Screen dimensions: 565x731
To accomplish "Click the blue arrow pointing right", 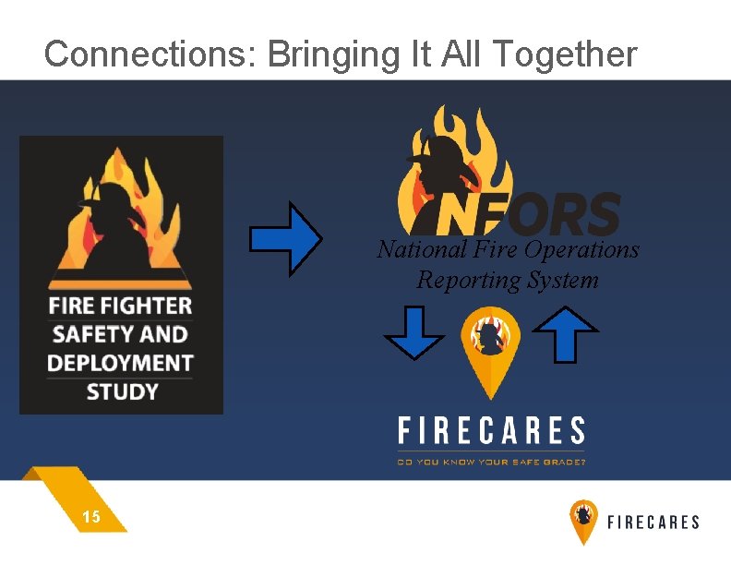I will point(285,239).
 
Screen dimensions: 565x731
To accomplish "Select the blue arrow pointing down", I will point(413,333).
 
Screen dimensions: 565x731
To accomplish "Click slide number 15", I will point(91,518).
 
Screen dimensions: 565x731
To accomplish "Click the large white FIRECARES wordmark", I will point(491,431).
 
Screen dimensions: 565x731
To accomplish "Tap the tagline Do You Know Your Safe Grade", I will point(491,461).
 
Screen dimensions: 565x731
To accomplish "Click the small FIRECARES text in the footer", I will point(653,523).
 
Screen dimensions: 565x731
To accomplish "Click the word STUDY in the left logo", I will point(122,391).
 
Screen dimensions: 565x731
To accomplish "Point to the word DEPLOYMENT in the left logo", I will point(120,363).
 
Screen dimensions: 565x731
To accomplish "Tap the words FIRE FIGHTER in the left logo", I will point(120,306).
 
